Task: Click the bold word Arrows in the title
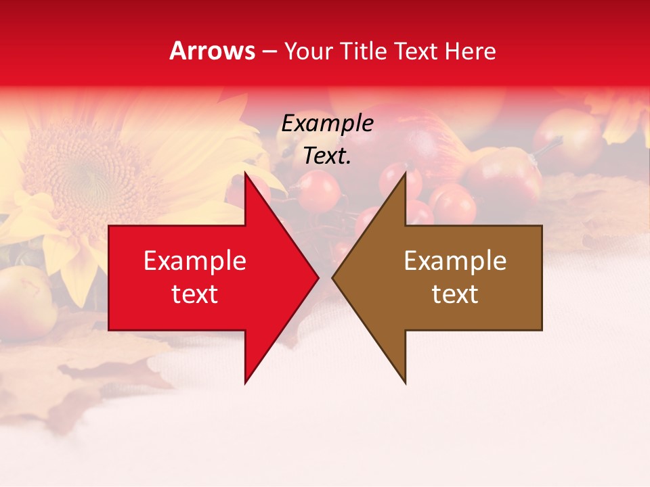(212, 51)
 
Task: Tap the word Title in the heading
(364, 51)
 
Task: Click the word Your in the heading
(309, 51)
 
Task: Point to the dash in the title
(269, 51)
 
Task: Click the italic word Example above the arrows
(327, 124)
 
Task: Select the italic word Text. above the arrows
(327, 156)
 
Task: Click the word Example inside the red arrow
(194, 261)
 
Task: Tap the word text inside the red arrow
(194, 294)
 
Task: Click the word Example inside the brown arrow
(455, 261)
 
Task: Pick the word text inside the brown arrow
(455, 294)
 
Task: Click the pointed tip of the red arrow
(317, 278)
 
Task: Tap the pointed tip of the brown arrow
(334, 278)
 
